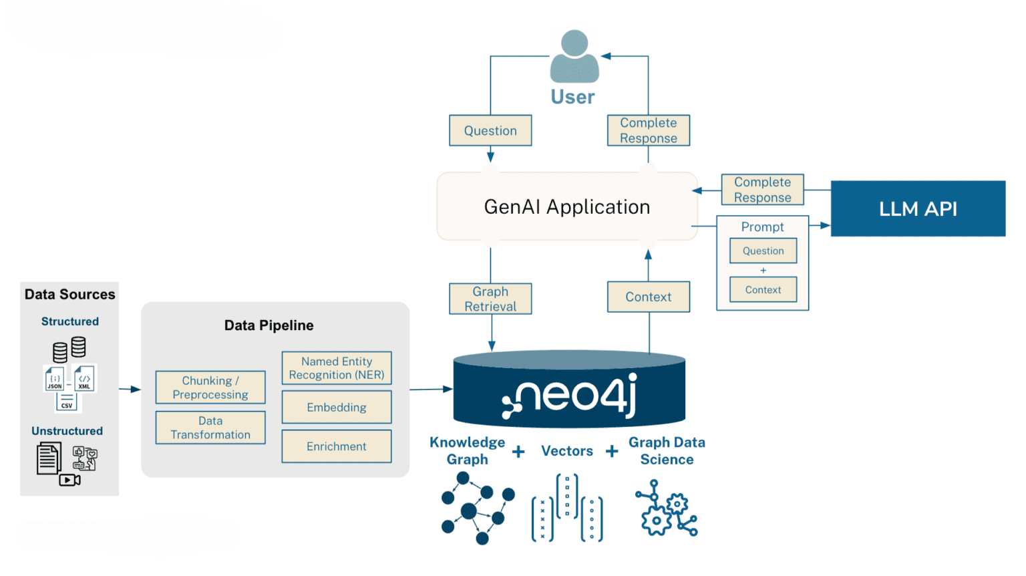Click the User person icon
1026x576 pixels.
tap(574, 57)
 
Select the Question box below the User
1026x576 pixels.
tap(490, 131)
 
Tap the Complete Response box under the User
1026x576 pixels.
tap(648, 130)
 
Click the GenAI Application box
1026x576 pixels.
tap(566, 206)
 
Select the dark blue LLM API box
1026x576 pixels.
tap(918, 208)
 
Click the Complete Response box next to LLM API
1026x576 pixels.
tap(762, 190)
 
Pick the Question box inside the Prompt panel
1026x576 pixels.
tap(763, 251)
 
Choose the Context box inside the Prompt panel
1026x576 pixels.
tap(763, 290)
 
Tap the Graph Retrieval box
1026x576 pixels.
tap(490, 299)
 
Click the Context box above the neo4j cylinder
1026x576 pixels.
tap(648, 297)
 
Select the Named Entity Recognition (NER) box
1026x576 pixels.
tap(337, 368)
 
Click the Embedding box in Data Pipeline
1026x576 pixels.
tap(337, 407)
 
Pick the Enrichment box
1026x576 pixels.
tap(337, 446)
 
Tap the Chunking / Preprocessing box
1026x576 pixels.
tap(210, 388)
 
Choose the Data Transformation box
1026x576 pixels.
tap(210, 428)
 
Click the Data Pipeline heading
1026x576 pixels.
tap(269, 325)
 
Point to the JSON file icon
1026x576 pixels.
tap(55, 379)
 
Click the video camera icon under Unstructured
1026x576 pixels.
tap(69, 480)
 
